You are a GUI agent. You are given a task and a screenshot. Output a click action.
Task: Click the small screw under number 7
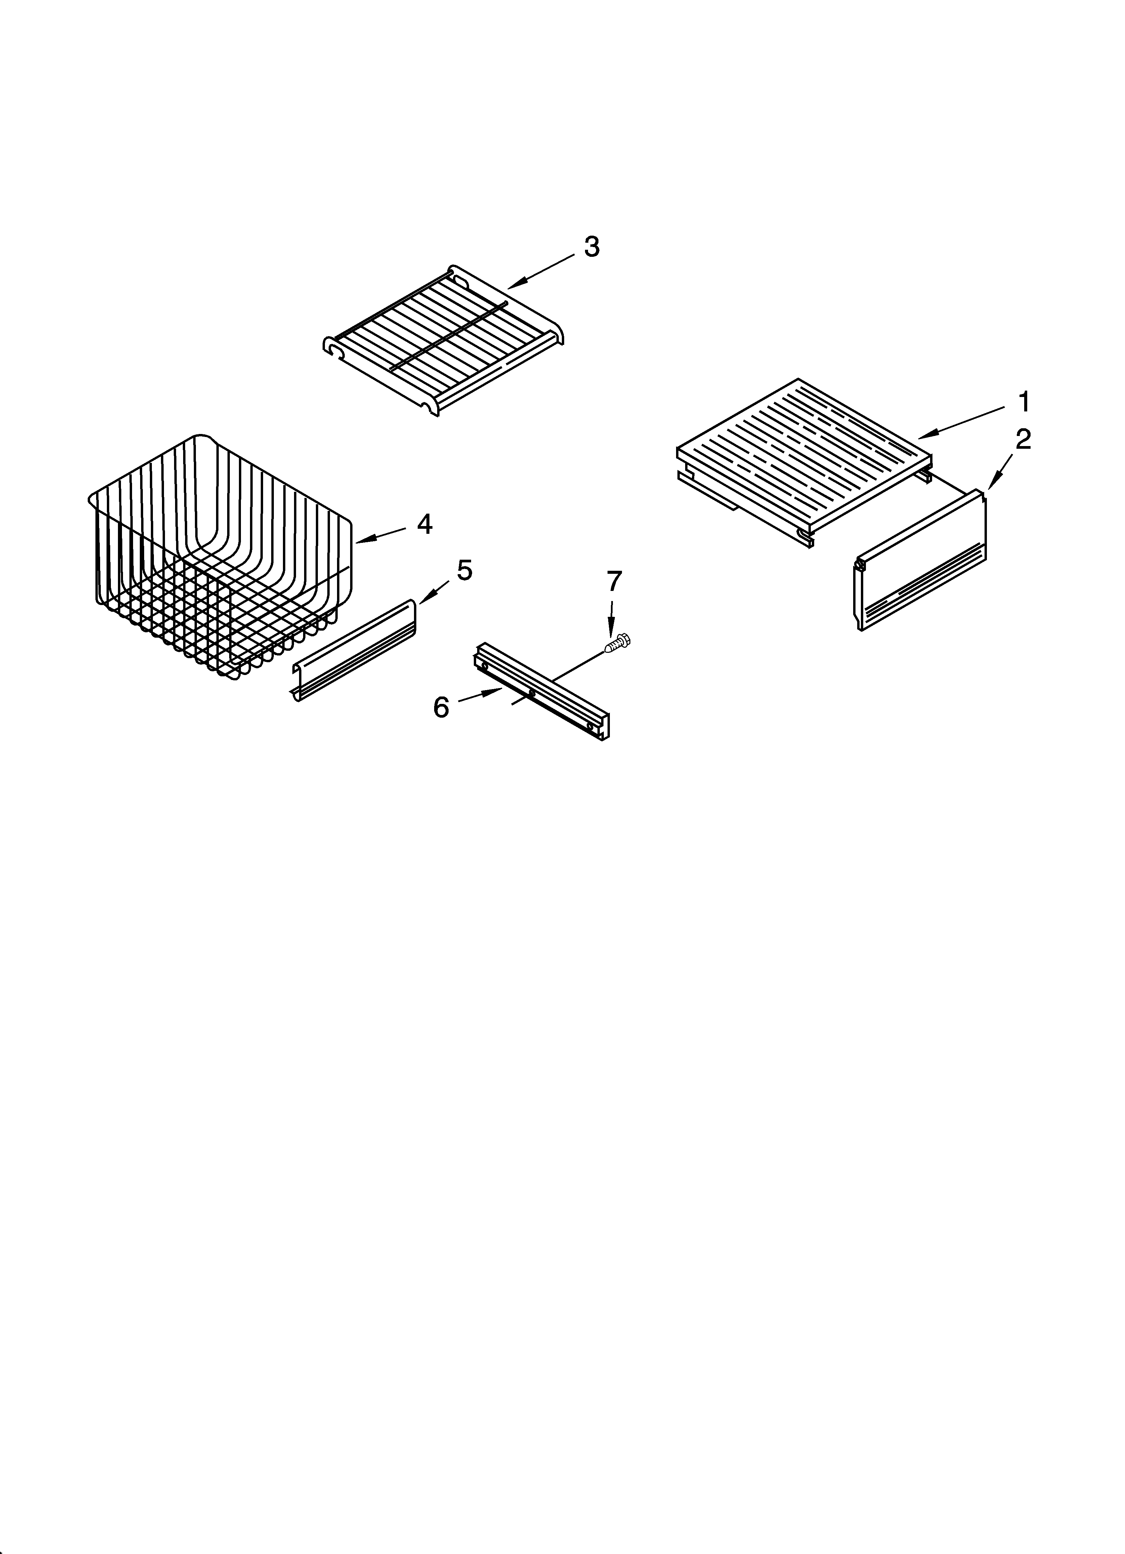coord(619,643)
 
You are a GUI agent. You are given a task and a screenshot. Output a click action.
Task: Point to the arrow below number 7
coord(612,617)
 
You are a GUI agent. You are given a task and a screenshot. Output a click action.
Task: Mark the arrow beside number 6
coord(480,696)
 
